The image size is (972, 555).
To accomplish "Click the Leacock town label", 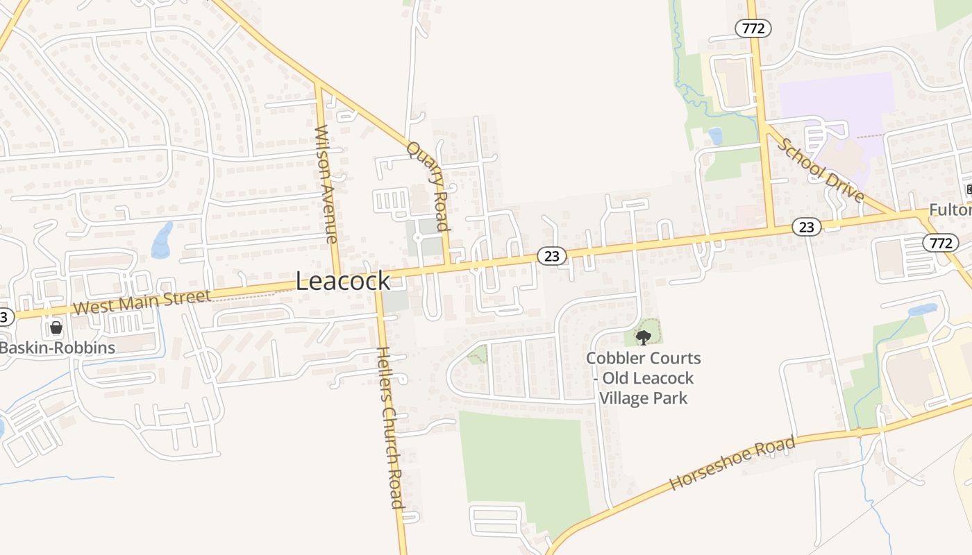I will pos(343,281).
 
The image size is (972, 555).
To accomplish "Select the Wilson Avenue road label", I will pos(326,184).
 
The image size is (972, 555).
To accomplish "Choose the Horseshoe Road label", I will pos(732,463).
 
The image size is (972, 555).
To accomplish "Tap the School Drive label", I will pos(821,171).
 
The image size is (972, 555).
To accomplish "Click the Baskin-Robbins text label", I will pos(57,348).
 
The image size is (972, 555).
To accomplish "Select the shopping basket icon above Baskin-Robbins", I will pos(56,327).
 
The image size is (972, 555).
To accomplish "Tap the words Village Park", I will pos(643,398).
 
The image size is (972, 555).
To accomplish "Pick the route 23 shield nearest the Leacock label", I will pos(552,257).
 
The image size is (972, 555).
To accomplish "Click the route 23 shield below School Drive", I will pos(806,227).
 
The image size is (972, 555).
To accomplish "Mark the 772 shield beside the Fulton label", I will pos(941,243).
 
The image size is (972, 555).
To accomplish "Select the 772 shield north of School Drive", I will pos(753,28).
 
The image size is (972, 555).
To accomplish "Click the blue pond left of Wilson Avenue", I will pos(162,240).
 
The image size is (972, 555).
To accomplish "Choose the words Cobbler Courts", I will pos(644,359).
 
